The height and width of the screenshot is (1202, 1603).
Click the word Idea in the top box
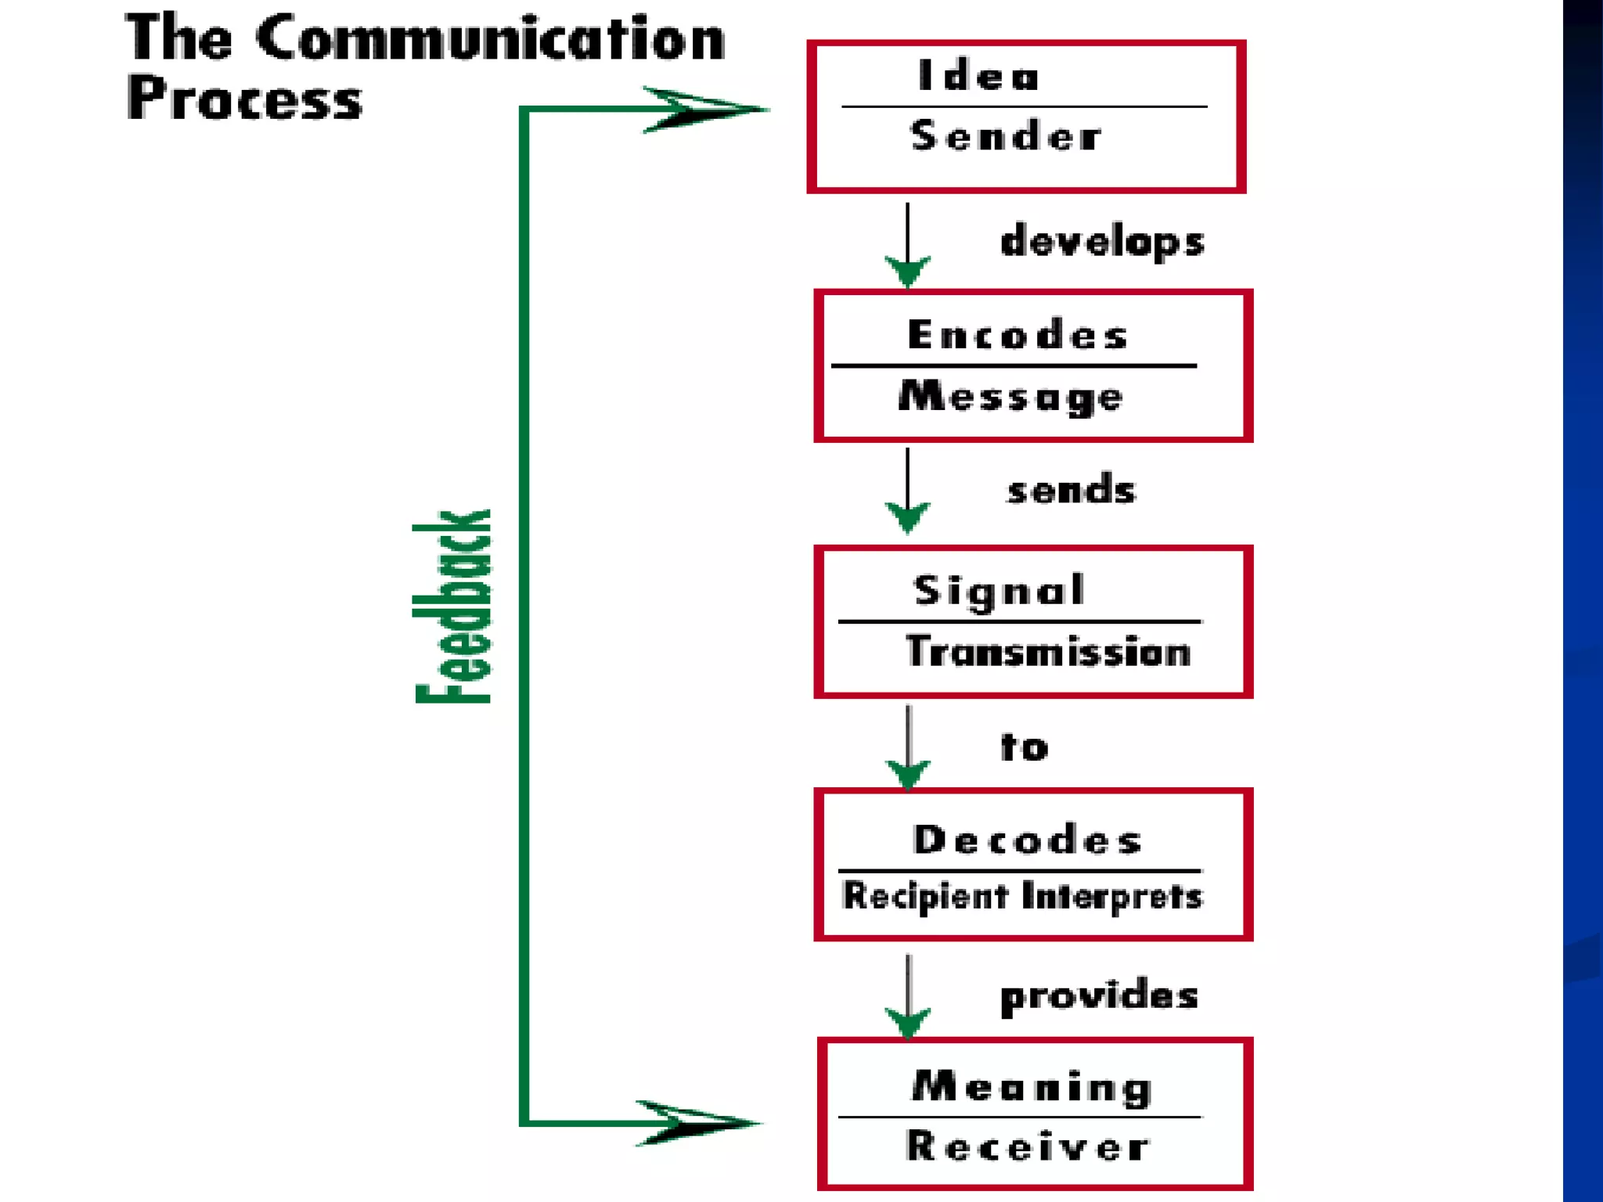pyautogui.click(x=978, y=77)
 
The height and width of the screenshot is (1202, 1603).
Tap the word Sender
pyautogui.click(x=1006, y=136)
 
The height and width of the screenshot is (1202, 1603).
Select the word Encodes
pyautogui.click(x=1018, y=335)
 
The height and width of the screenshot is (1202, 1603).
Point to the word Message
pyautogui.click(x=1010, y=397)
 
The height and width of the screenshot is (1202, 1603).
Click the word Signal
pyautogui.click(x=1000, y=590)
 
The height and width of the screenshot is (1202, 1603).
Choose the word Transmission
pyautogui.click(x=1048, y=652)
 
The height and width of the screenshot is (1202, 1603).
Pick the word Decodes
pyautogui.click(x=1027, y=840)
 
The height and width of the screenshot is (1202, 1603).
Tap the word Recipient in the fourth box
pyautogui.click(x=925, y=896)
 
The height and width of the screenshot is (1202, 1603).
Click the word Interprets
pyautogui.click(x=1112, y=897)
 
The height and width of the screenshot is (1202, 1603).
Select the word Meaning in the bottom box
pyautogui.click(x=1032, y=1087)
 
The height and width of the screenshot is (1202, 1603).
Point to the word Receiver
pyautogui.click(x=1028, y=1146)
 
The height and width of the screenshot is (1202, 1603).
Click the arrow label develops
pyautogui.click(x=1102, y=241)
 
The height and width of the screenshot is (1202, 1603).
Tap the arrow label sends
pyautogui.click(x=1071, y=491)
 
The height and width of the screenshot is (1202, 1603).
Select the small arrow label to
pyautogui.click(x=1024, y=747)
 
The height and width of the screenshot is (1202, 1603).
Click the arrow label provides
pyautogui.click(x=1099, y=996)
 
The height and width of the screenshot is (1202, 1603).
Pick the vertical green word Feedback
pyautogui.click(x=453, y=606)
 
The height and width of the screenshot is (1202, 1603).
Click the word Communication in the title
pyautogui.click(x=491, y=39)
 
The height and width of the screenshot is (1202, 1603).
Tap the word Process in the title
pyautogui.click(x=244, y=99)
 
